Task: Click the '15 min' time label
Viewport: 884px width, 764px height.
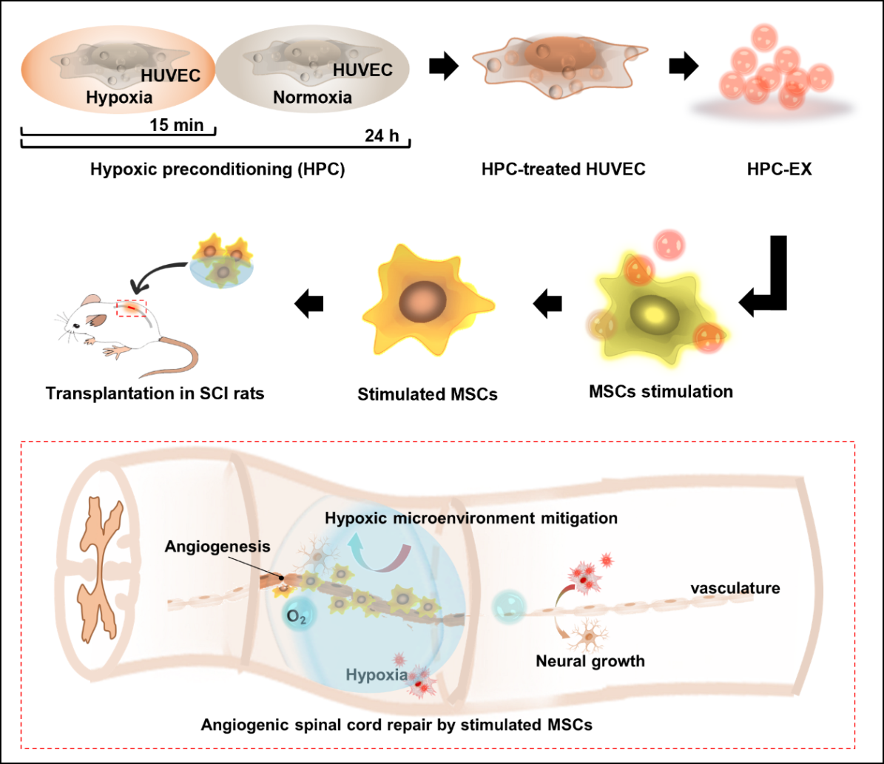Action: (x=177, y=124)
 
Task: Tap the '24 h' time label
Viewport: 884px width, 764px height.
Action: (x=382, y=136)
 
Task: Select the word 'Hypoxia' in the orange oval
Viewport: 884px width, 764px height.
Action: (x=119, y=98)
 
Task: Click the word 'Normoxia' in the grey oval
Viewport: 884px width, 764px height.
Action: (x=312, y=98)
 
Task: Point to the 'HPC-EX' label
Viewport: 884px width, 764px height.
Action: (x=779, y=169)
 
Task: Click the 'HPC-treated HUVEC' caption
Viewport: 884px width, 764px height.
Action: (x=563, y=169)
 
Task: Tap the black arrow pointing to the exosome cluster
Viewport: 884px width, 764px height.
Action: (x=684, y=66)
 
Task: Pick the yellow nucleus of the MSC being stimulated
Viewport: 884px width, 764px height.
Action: (x=654, y=314)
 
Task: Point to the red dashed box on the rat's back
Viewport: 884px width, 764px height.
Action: (x=132, y=308)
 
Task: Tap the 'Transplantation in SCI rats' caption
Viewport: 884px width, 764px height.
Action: (x=155, y=393)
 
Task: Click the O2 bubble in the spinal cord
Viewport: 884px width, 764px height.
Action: (x=297, y=615)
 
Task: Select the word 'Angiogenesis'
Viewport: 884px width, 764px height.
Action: (x=217, y=547)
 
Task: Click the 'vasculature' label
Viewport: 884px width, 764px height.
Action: (x=735, y=588)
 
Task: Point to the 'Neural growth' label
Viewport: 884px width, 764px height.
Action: (x=590, y=660)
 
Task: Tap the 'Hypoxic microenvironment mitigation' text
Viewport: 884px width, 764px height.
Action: (x=471, y=518)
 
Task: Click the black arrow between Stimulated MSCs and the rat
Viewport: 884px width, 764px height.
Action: (x=309, y=303)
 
